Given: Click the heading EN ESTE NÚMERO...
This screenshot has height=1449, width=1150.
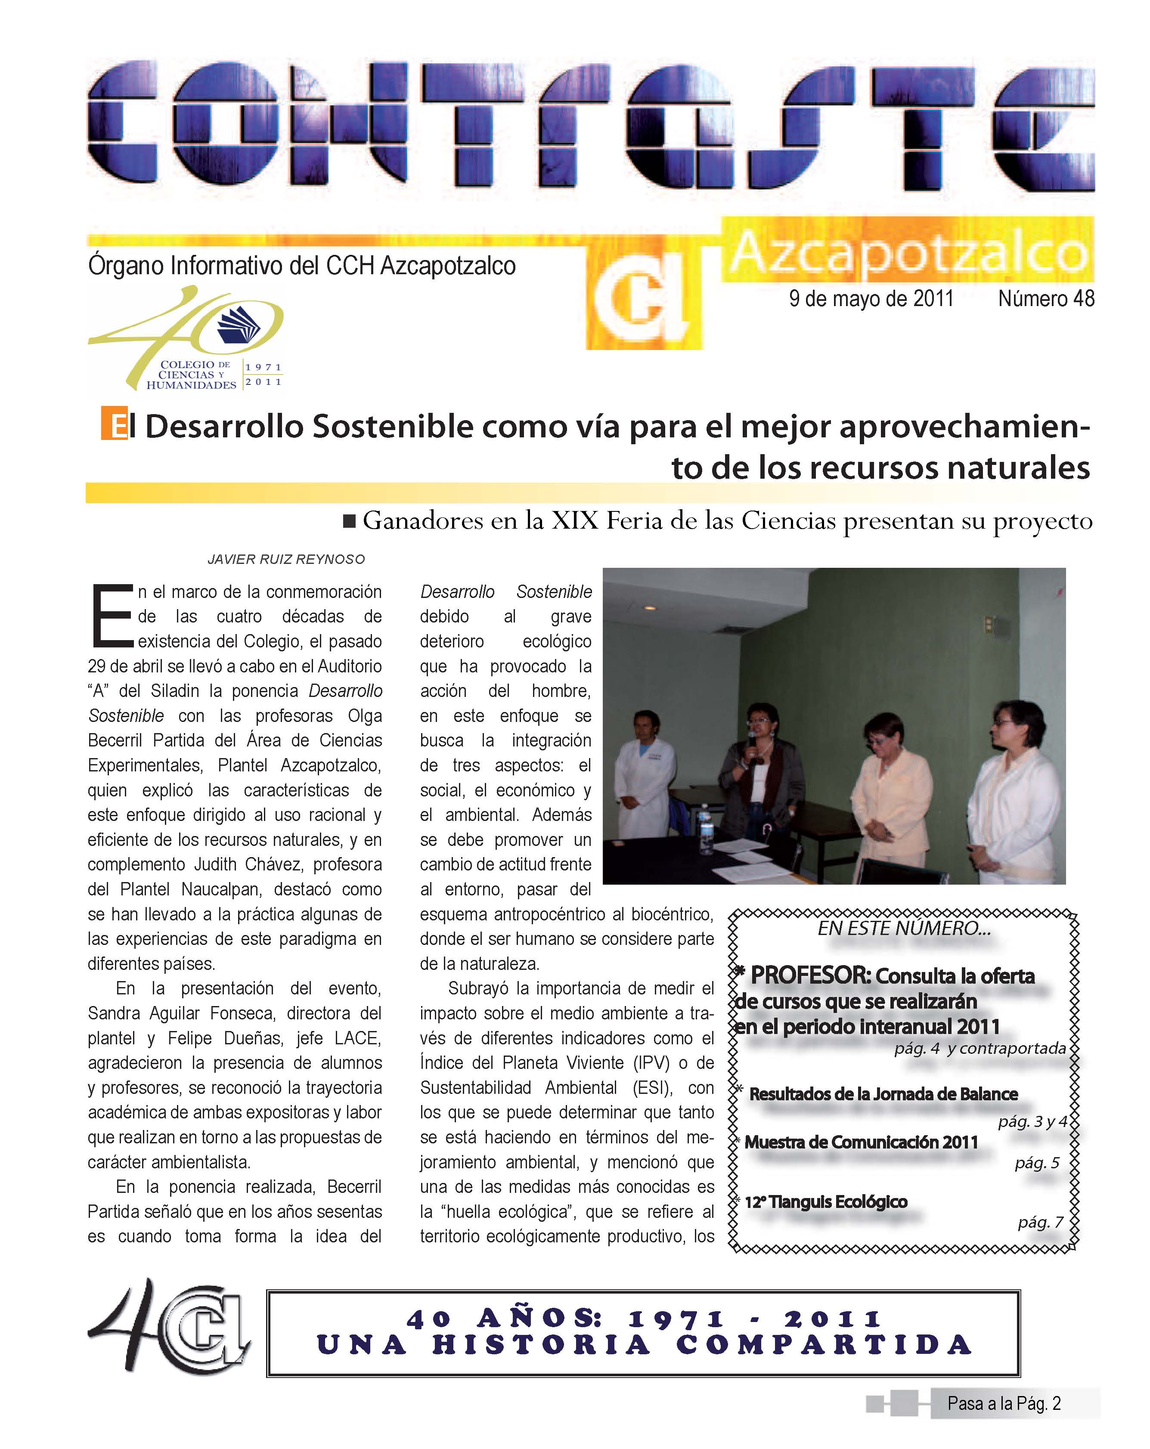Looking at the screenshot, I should pyautogui.click(x=903, y=929).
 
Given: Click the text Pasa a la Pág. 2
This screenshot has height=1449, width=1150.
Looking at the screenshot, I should pyautogui.click(x=1004, y=1403).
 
